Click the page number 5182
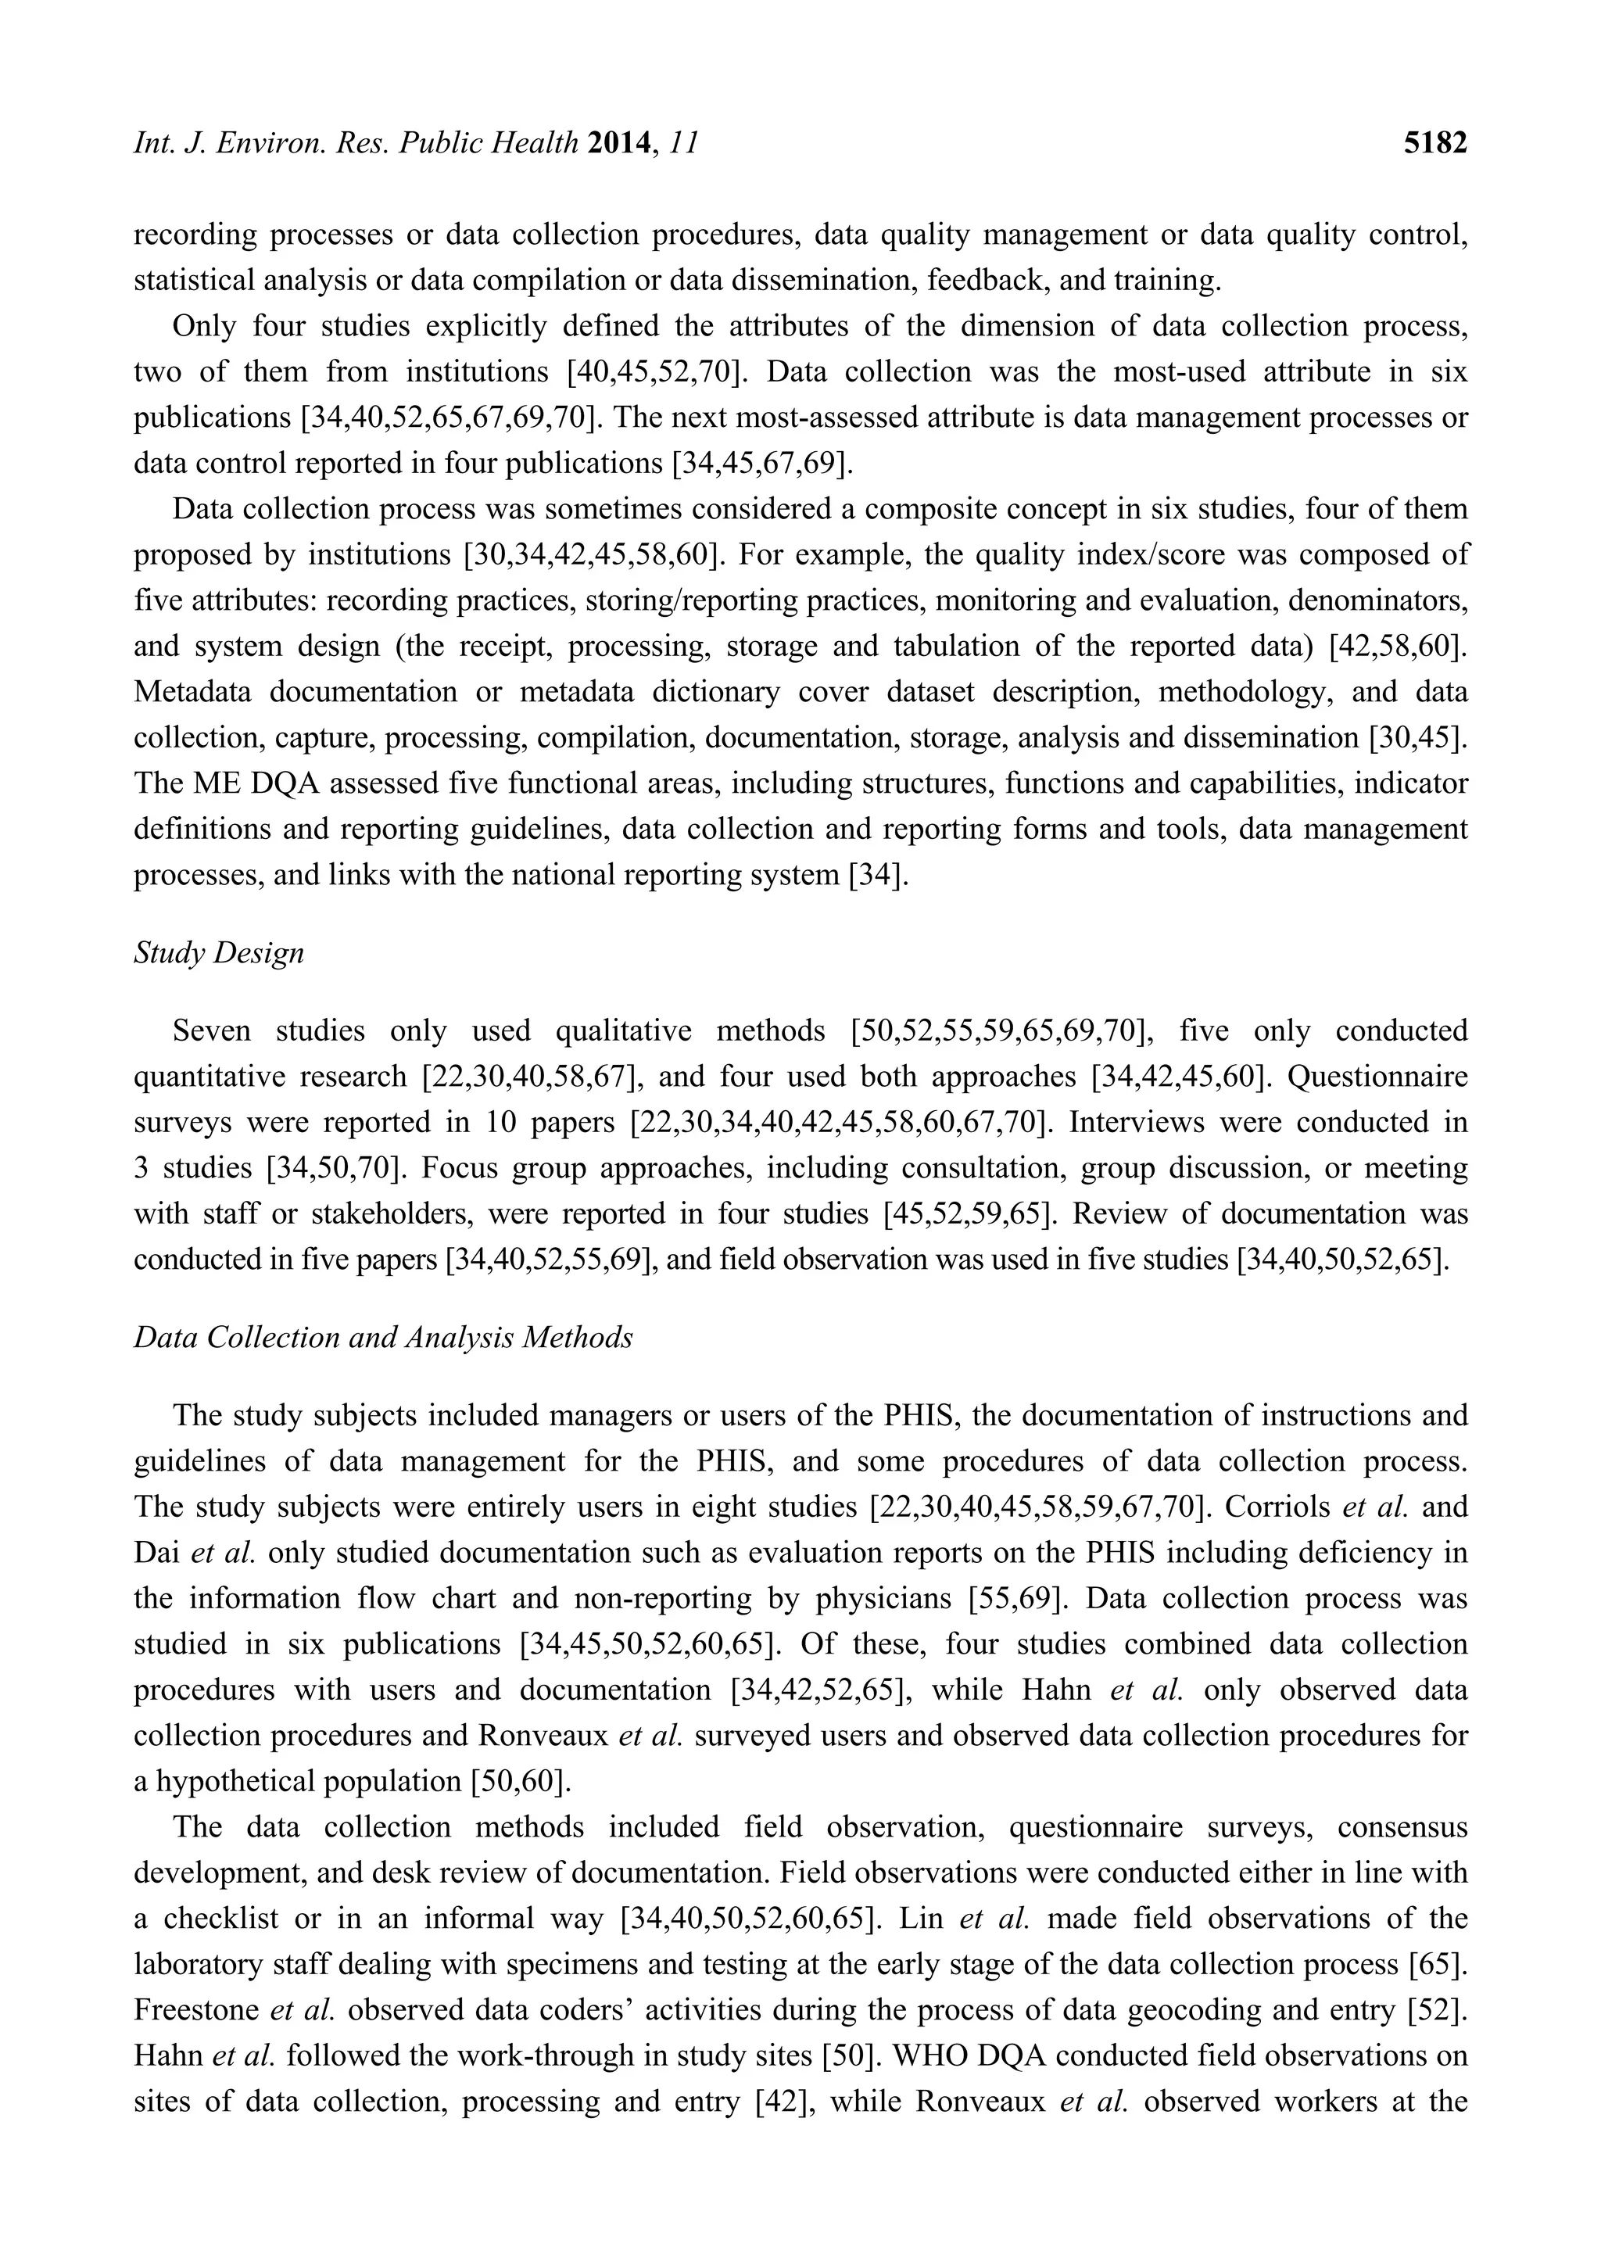(x=1435, y=144)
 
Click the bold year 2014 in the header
(x=621, y=144)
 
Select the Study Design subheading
(x=219, y=953)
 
